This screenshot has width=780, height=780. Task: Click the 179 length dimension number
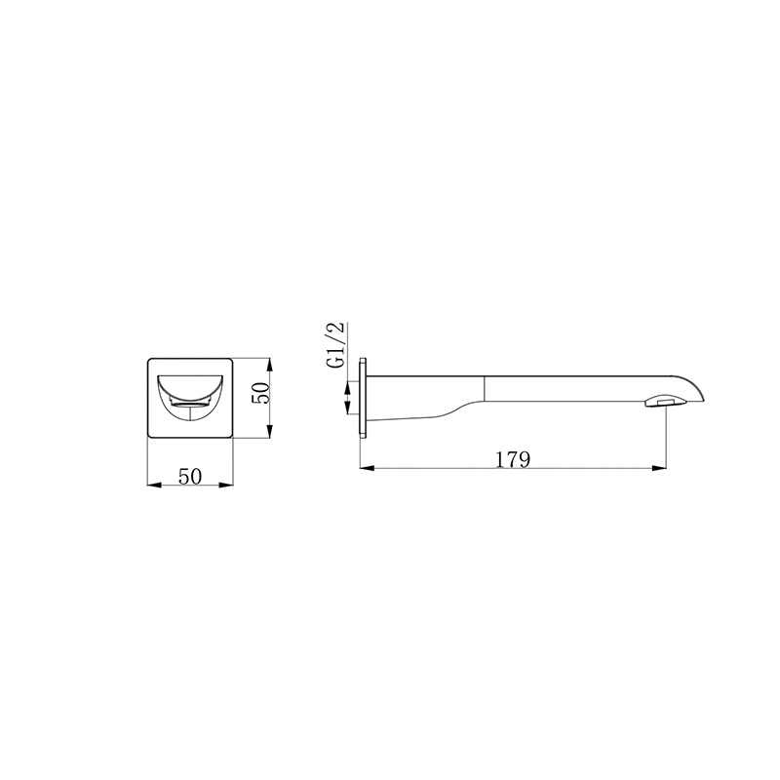pyautogui.click(x=514, y=459)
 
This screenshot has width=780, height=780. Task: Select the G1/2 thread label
pyautogui.click(x=336, y=345)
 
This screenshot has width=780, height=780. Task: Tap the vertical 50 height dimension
pyautogui.click(x=260, y=393)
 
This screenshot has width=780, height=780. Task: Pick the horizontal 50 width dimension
pyautogui.click(x=190, y=476)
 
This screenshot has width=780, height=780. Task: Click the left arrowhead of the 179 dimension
pyautogui.click(x=367, y=468)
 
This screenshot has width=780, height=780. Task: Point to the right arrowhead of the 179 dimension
pyautogui.click(x=660, y=468)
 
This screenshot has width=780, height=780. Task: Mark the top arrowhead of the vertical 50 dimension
pyautogui.click(x=270, y=365)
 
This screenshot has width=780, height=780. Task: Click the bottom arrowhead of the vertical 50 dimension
pyautogui.click(x=270, y=431)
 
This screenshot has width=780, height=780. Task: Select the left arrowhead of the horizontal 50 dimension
pyautogui.click(x=154, y=485)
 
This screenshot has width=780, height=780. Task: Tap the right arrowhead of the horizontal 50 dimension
pyautogui.click(x=226, y=485)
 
